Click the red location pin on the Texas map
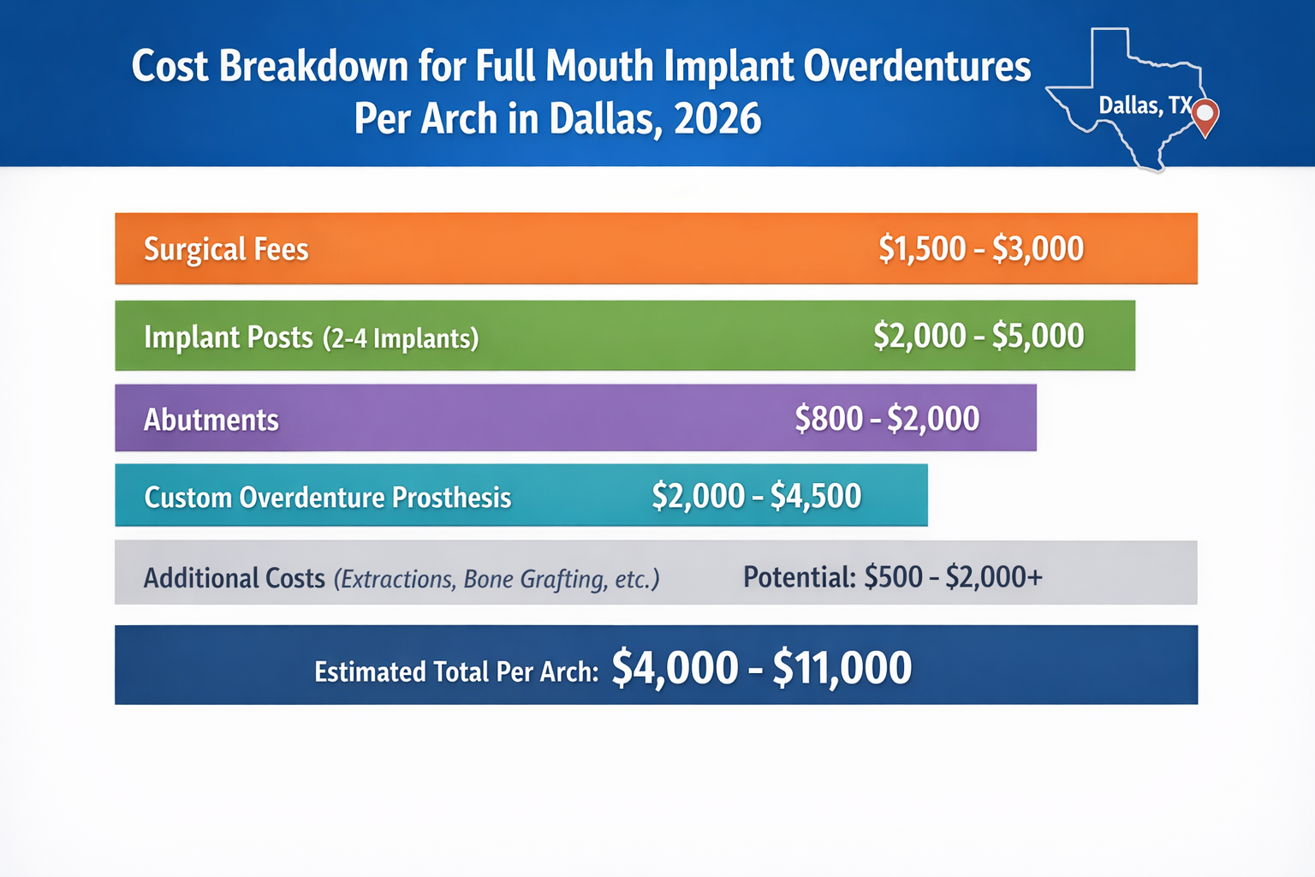click(x=1205, y=116)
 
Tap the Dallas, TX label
click(x=1144, y=105)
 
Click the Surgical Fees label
click(x=226, y=249)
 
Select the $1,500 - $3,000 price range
click(x=981, y=249)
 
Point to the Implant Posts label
click(x=228, y=337)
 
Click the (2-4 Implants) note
click(x=401, y=338)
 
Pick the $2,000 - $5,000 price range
click(x=979, y=336)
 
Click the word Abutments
click(x=211, y=420)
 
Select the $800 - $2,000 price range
click(x=887, y=419)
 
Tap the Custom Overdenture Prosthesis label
click(x=328, y=498)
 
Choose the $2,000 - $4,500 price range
click(x=756, y=496)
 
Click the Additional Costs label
click(x=234, y=578)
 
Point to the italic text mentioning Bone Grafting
click(x=497, y=580)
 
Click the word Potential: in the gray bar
click(x=799, y=577)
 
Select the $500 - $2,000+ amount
click(x=953, y=577)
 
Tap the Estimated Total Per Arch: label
click(x=456, y=671)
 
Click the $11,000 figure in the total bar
click(x=842, y=668)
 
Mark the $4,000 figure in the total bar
click(x=675, y=668)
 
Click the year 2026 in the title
click(x=717, y=118)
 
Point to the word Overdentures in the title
click(x=917, y=66)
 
